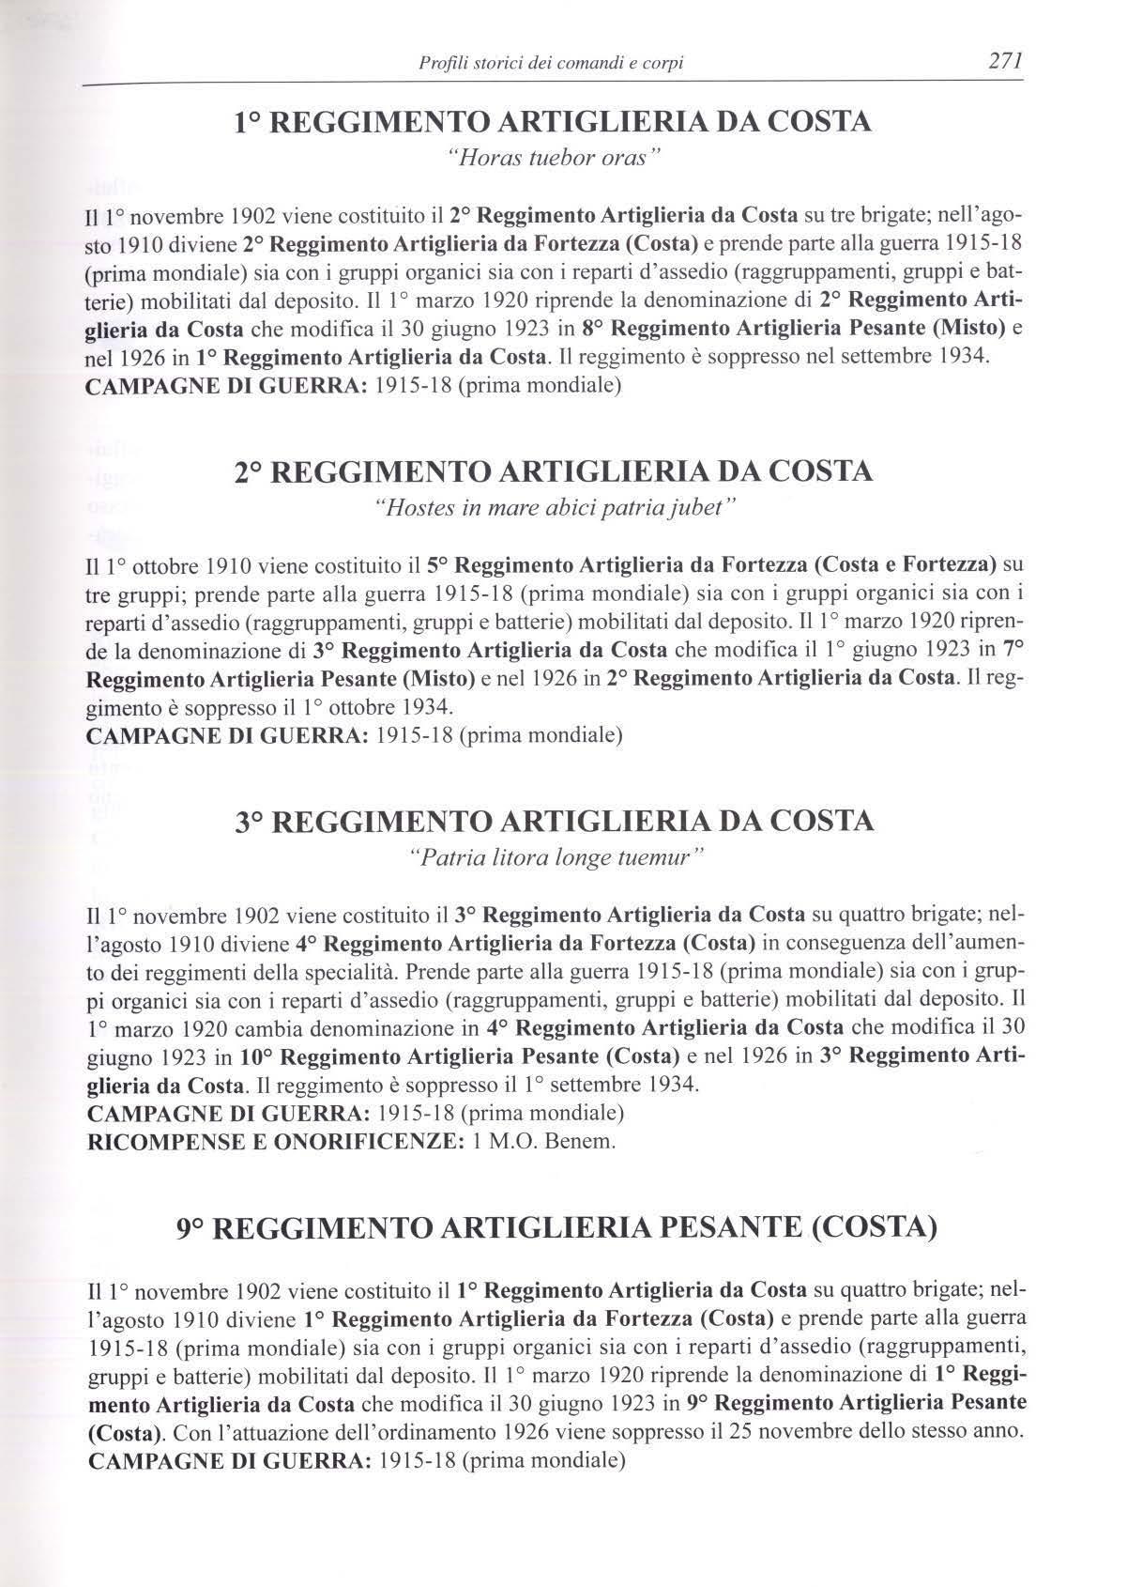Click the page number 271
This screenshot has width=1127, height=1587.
997,63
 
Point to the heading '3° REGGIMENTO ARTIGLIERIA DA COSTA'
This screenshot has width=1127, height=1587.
555,822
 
